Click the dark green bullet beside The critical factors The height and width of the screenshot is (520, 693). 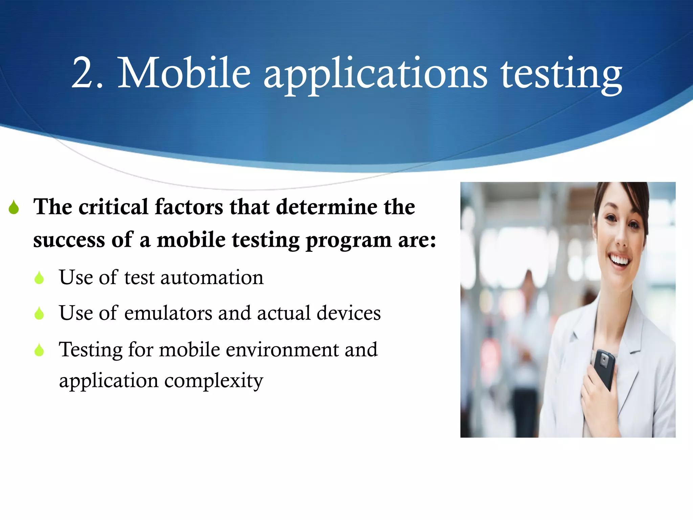(14, 207)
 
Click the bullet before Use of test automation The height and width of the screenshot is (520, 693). (39, 278)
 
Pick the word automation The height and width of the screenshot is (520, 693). (211, 278)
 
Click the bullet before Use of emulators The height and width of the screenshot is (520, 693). (39, 313)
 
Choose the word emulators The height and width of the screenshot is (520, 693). (168, 313)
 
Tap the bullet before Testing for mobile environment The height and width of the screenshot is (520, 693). (39, 350)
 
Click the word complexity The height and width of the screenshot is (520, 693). (214, 381)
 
